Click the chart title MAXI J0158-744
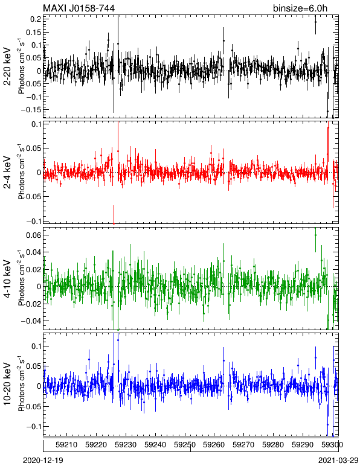pos(79,8)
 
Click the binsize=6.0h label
pos(300,8)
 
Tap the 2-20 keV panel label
pos(7,66)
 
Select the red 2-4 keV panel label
pos(7,173)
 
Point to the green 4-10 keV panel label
pos(7,279)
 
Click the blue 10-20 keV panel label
pos(7,384)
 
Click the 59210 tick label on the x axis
pos(66,445)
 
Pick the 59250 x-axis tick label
pos(185,445)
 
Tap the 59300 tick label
pos(332,445)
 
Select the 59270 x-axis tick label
pos(243,445)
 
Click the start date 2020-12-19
pos(43,461)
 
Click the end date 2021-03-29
pos(338,461)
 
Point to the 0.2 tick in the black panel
pos(36,19)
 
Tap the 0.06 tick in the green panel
pos(34,235)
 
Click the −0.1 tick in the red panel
pos(33,221)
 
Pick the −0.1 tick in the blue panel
pos(33,427)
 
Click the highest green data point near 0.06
pos(315,235)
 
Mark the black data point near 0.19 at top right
pos(315,22)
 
